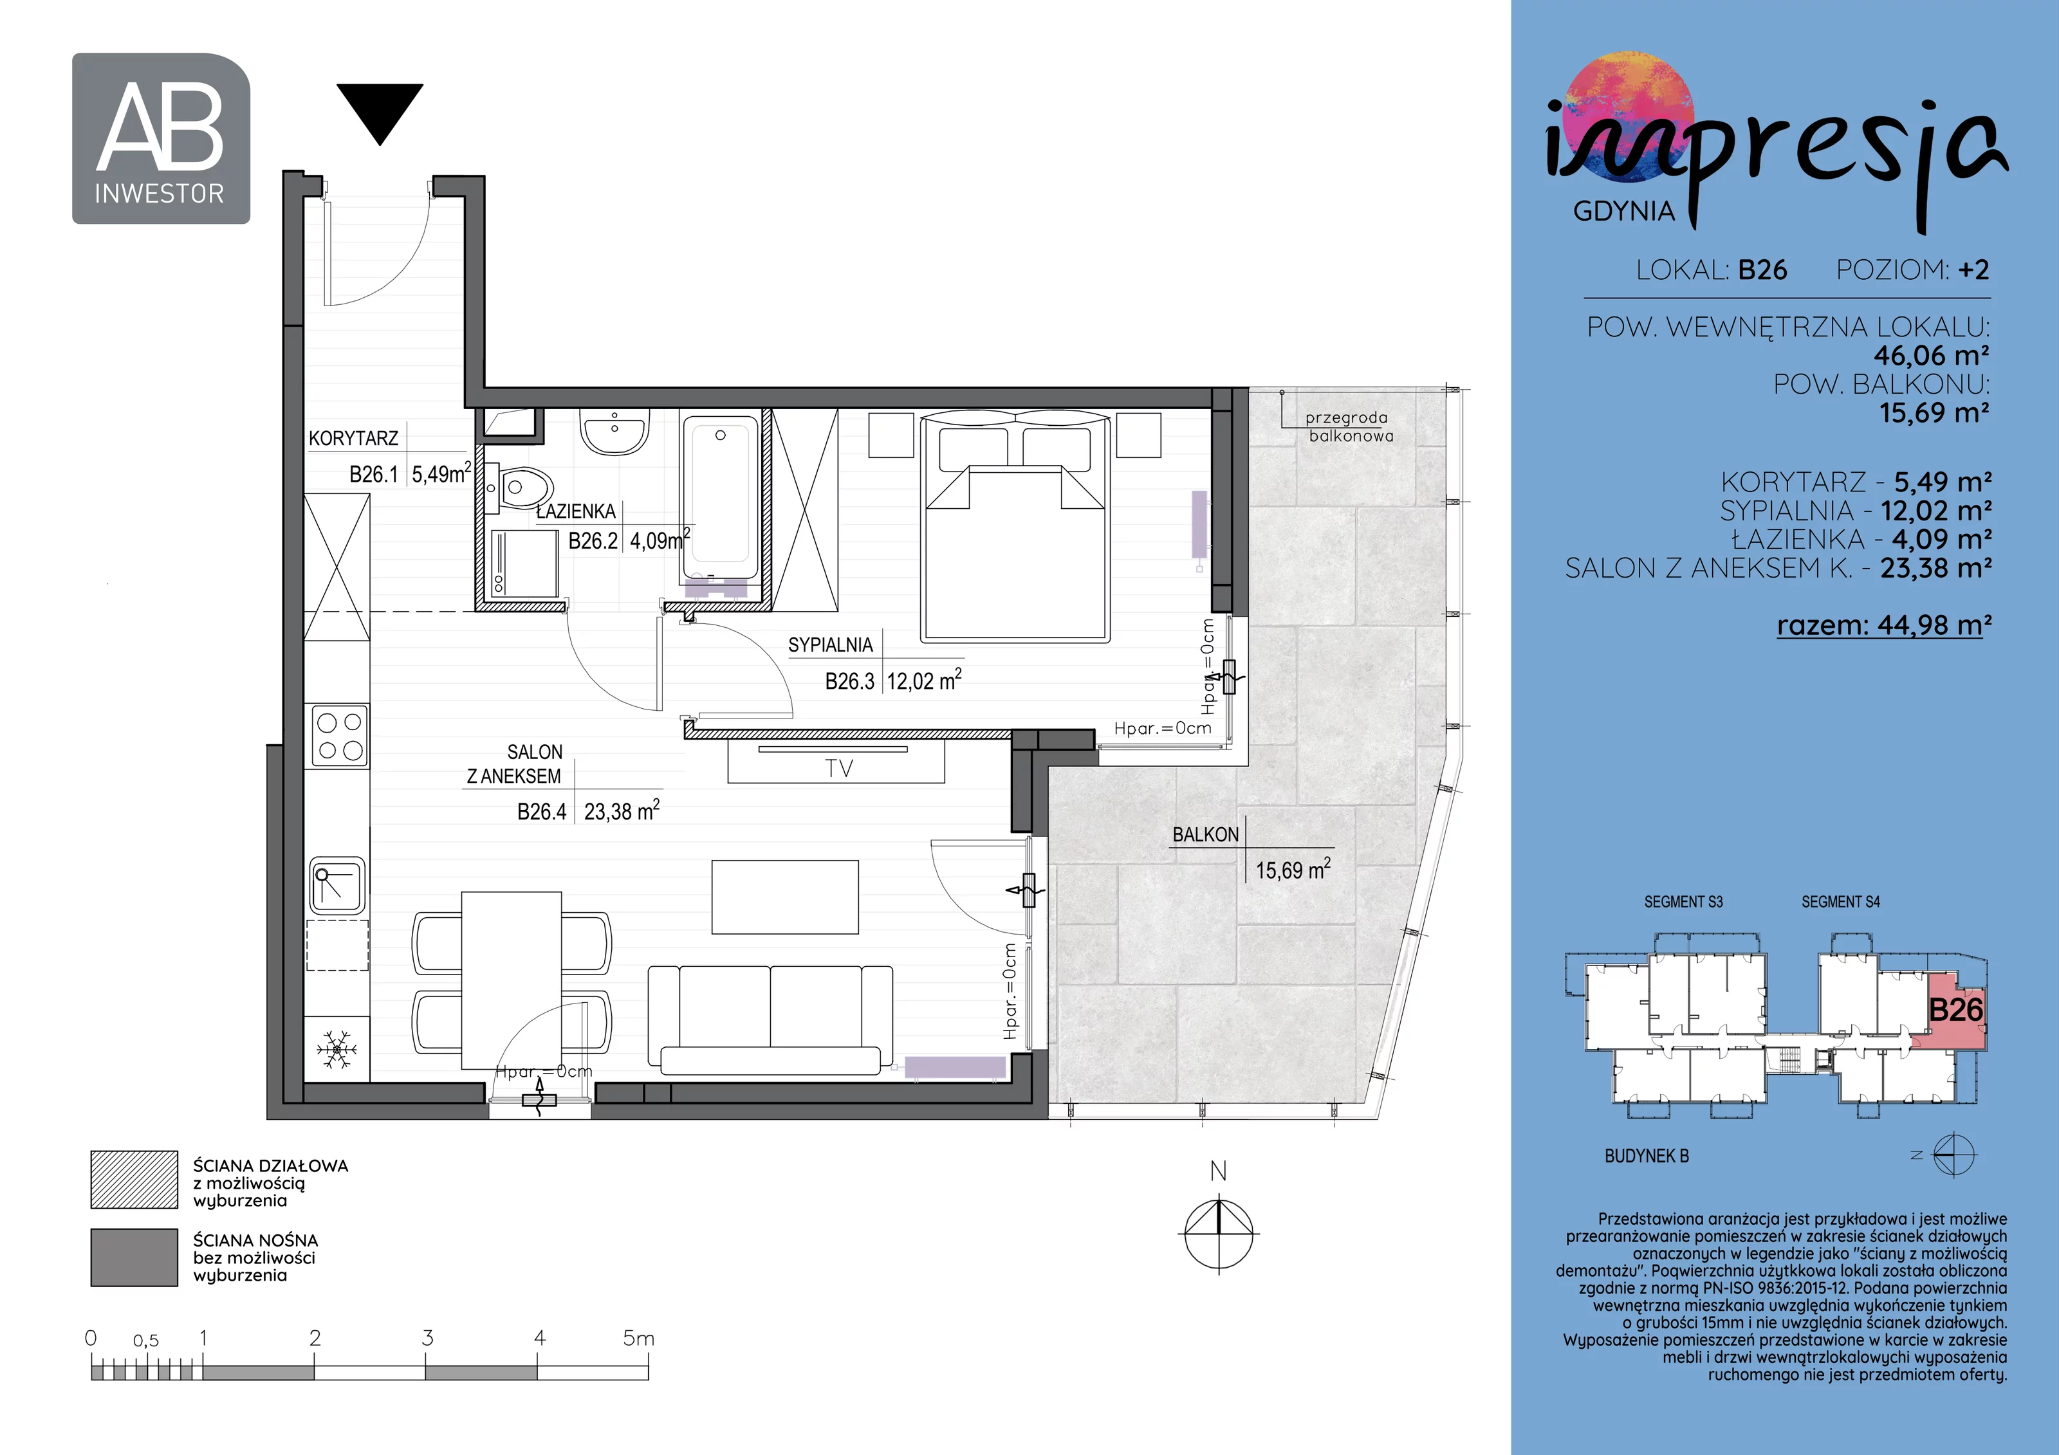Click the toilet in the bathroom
click(x=520, y=489)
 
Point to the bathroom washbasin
click(x=614, y=432)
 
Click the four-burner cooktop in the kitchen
click(x=340, y=736)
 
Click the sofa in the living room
click(x=770, y=1020)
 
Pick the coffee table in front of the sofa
click(x=785, y=897)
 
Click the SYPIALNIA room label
click(x=831, y=645)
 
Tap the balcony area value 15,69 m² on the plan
click(x=1293, y=869)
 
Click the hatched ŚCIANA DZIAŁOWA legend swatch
click(x=134, y=1180)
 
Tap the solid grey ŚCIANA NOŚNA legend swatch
click(x=134, y=1257)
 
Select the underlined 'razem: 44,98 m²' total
click(x=1884, y=624)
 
